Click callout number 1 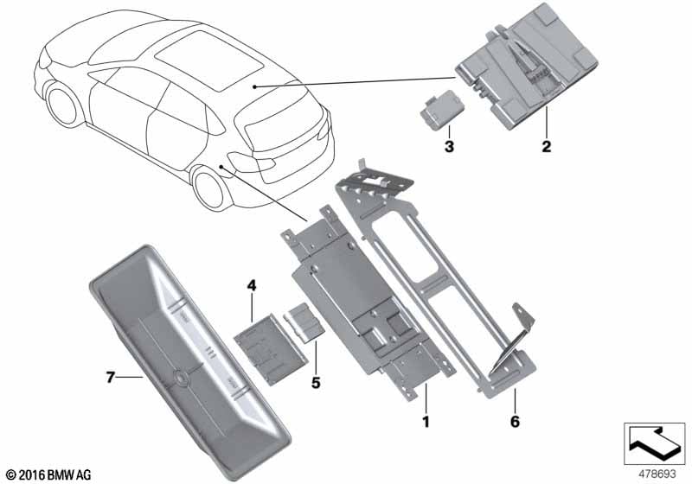click(x=426, y=422)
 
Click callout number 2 click(x=547, y=146)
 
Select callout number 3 click(x=449, y=146)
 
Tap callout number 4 click(x=251, y=285)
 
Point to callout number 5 click(x=316, y=383)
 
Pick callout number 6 click(x=515, y=422)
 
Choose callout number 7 click(x=111, y=378)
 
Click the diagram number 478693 click(x=657, y=474)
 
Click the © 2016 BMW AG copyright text click(x=49, y=475)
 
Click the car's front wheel click(x=63, y=105)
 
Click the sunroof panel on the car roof click(x=209, y=60)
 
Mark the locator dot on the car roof click(x=254, y=86)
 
